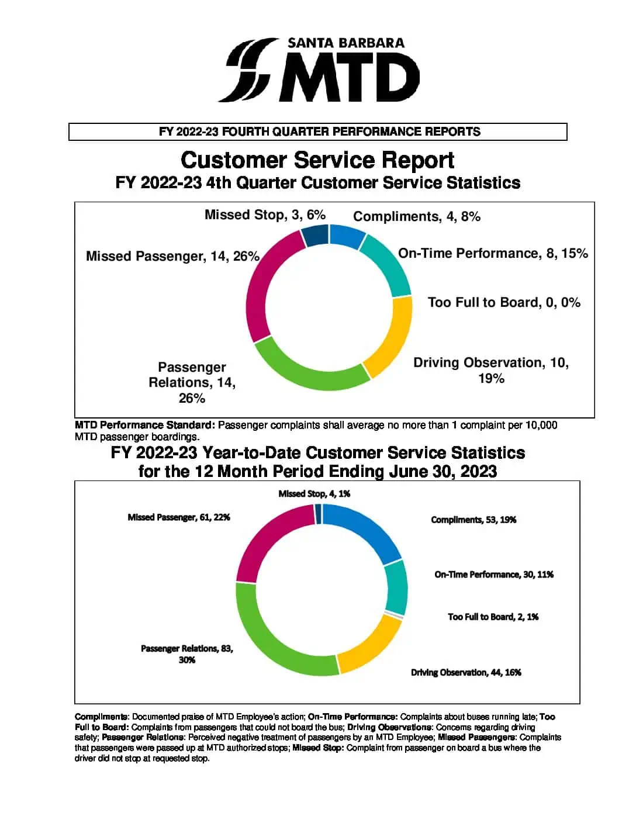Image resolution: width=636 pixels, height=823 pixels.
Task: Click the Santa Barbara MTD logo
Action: (x=319, y=70)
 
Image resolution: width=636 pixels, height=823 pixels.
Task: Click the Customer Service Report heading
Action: (x=317, y=160)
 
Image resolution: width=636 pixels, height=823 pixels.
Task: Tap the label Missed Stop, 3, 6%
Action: (x=265, y=215)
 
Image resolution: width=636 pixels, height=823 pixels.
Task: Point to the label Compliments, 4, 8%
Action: (x=416, y=216)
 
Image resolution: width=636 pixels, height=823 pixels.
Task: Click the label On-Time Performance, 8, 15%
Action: (x=493, y=253)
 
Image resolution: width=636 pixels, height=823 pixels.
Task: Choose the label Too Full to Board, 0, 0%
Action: (x=504, y=302)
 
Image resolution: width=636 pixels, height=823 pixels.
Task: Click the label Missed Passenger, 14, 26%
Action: (x=172, y=256)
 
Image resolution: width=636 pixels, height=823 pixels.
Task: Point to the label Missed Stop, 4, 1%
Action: (x=314, y=494)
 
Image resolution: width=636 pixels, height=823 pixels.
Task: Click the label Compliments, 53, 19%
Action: (x=473, y=520)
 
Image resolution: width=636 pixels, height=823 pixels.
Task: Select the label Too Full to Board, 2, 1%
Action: (x=493, y=617)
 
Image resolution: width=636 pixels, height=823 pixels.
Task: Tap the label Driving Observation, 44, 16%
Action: (x=466, y=673)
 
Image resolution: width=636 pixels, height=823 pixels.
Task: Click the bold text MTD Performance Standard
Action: (x=145, y=425)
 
